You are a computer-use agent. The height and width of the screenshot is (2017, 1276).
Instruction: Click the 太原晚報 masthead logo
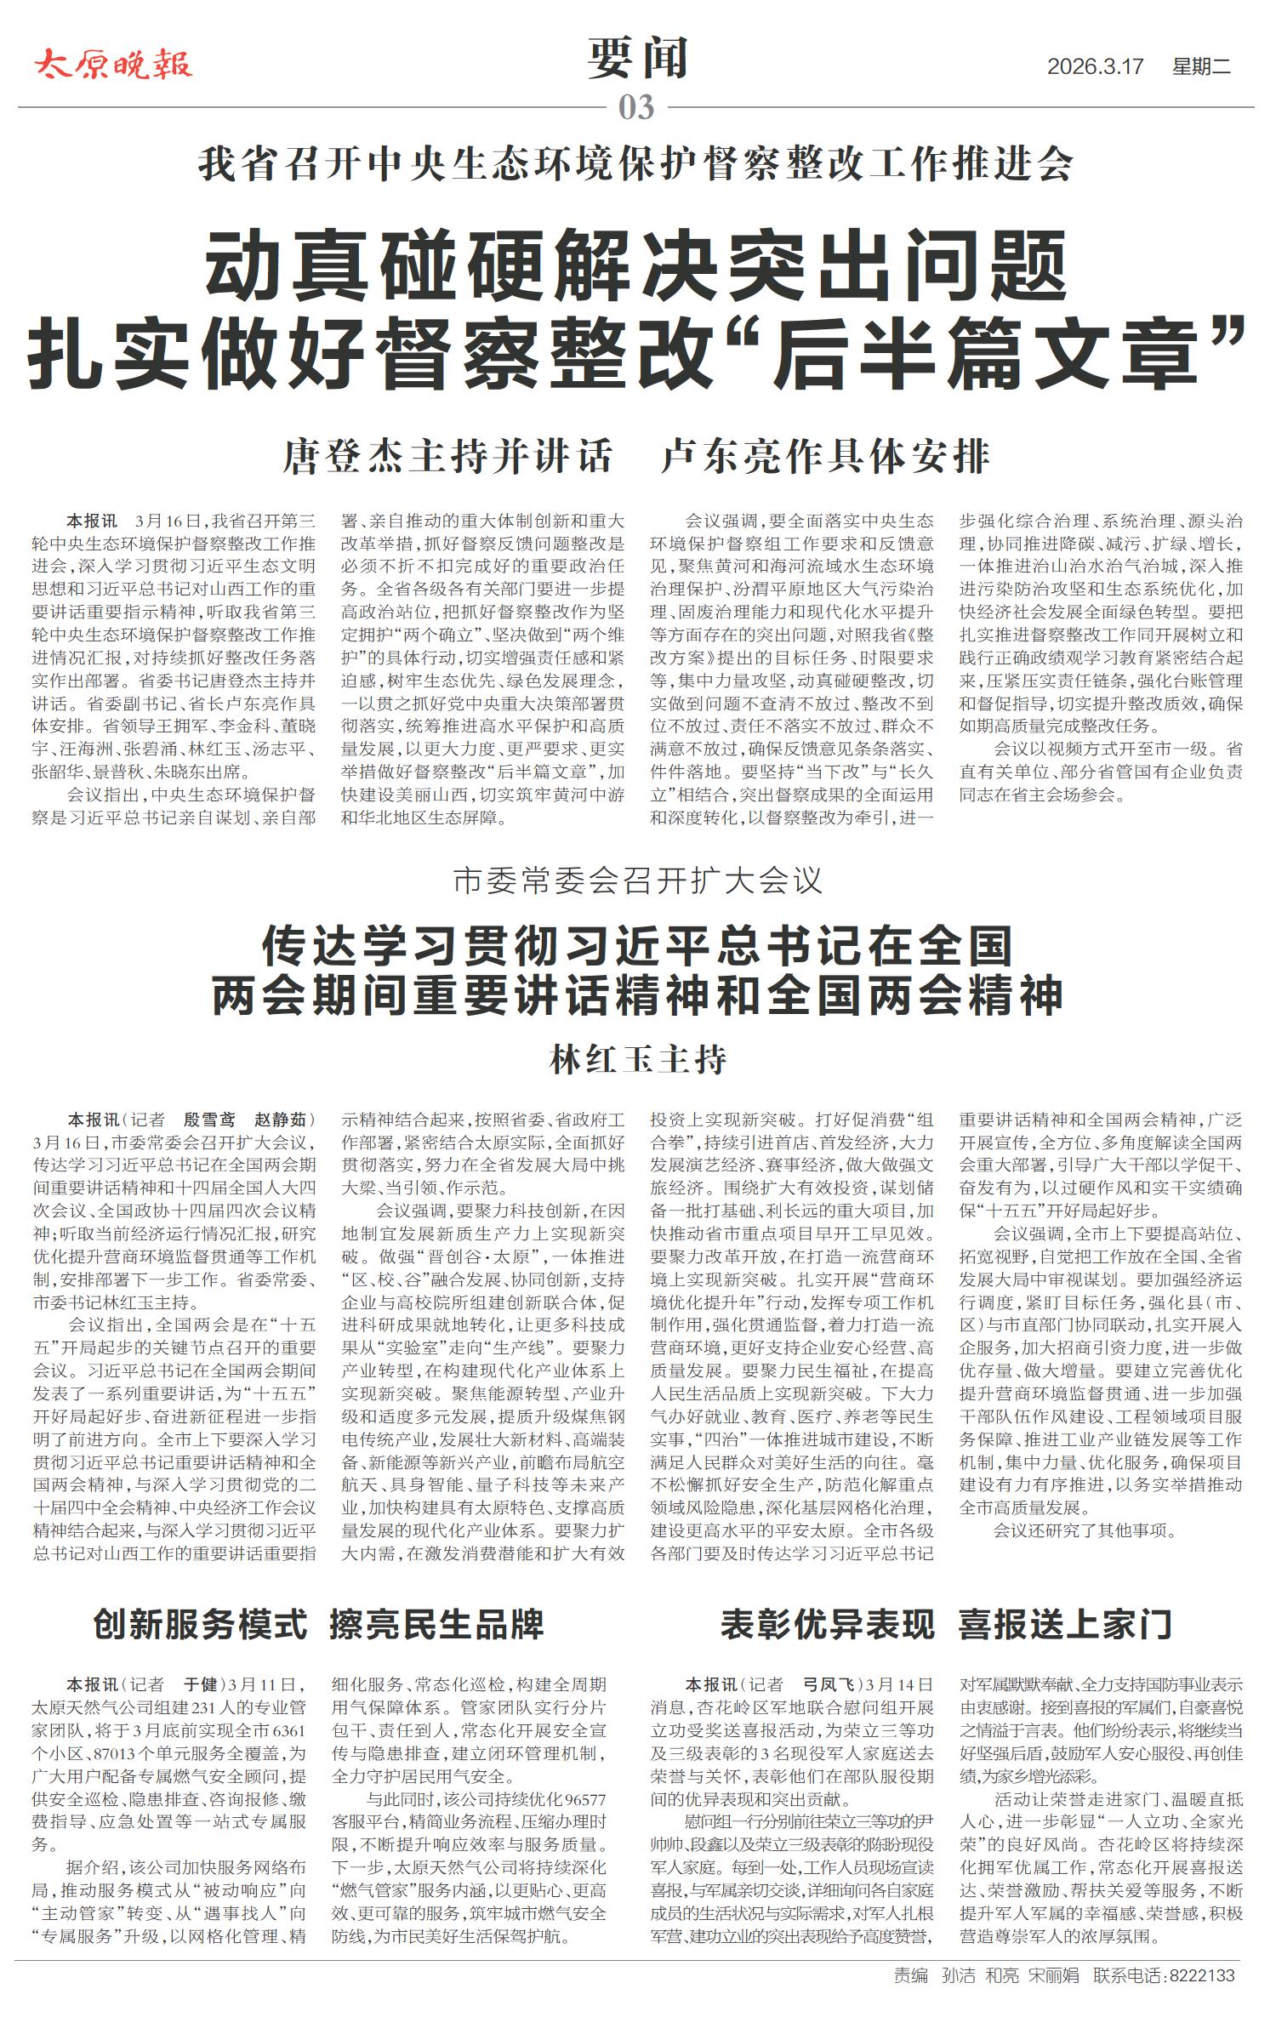click(x=113, y=65)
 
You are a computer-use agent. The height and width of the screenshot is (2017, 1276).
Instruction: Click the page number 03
click(x=636, y=108)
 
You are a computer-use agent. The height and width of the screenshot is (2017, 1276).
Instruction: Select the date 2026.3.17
click(x=1095, y=66)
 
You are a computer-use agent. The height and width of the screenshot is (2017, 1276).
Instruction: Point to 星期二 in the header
click(x=1201, y=66)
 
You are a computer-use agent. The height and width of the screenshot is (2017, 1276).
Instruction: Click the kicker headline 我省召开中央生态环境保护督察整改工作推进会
click(x=635, y=164)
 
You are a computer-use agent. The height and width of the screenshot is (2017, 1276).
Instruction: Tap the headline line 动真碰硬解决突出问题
click(x=635, y=263)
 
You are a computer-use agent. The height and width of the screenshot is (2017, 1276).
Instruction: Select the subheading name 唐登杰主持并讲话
click(x=447, y=457)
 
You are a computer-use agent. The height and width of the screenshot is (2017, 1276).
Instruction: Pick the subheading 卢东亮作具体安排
click(x=825, y=457)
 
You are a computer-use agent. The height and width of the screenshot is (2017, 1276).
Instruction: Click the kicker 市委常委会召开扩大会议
click(x=638, y=880)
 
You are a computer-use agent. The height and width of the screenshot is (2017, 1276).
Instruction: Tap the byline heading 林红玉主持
click(x=638, y=1060)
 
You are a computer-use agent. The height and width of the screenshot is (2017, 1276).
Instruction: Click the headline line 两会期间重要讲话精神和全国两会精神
click(x=638, y=996)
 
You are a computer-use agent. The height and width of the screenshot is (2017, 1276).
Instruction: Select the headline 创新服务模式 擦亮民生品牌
click(x=318, y=1625)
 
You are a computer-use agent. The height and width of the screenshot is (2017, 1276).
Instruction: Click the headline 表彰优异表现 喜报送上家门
click(x=946, y=1625)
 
